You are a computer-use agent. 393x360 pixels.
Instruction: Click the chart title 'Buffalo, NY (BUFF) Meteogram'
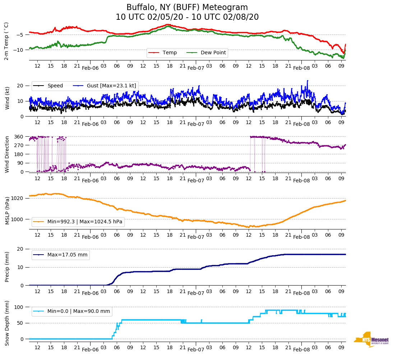click(x=187, y=8)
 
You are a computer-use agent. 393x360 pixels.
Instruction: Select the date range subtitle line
click(x=187, y=17)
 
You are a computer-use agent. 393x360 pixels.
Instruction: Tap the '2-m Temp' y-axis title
click(x=6, y=41)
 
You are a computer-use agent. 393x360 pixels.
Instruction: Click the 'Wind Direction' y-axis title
click(x=7, y=154)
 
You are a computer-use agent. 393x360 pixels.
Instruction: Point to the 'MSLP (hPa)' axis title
click(x=7, y=211)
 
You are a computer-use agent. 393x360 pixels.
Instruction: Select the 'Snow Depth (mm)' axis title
click(x=7, y=323)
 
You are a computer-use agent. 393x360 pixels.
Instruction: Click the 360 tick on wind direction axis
click(x=19, y=137)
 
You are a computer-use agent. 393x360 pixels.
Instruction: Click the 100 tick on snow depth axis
click(x=20, y=307)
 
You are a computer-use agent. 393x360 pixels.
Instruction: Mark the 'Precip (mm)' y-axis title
click(x=7, y=266)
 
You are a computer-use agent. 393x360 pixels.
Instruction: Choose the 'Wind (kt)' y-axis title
click(x=7, y=97)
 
